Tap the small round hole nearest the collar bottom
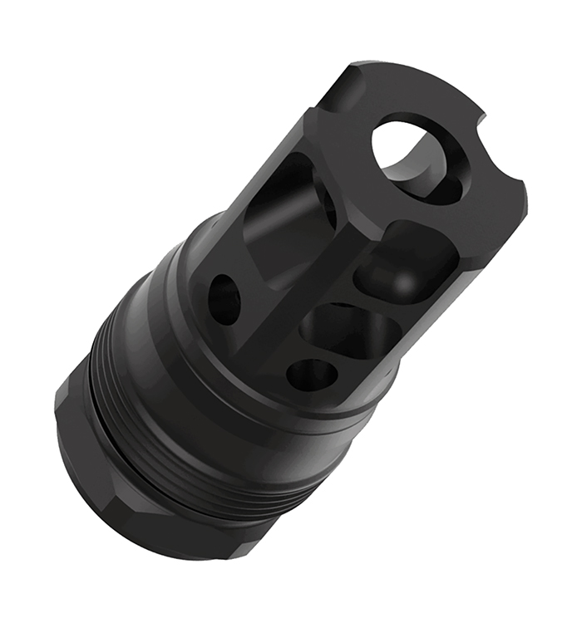pyautogui.click(x=312, y=374)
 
